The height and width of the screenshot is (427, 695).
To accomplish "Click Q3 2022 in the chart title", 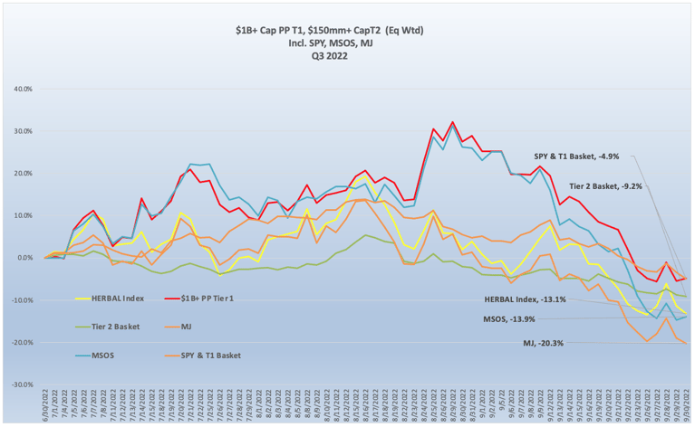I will click(x=348, y=56).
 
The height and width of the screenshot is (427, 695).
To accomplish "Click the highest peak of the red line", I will click(x=452, y=122).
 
